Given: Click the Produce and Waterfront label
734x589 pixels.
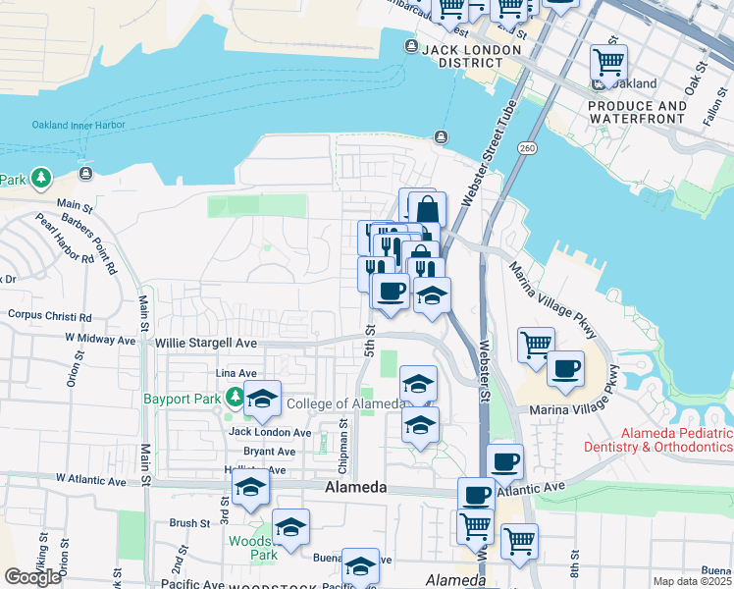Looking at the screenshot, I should [x=637, y=112].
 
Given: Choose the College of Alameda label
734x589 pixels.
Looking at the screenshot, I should [x=344, y=404].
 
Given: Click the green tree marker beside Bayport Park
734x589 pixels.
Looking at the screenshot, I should [x=235, y=398].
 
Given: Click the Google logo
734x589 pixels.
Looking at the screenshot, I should [x=32, y=577].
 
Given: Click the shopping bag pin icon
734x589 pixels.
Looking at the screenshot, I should [x=427, y=210].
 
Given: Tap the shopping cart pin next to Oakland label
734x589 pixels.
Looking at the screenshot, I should [x=608, y=63].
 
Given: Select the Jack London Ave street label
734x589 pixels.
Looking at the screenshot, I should [x=270, y=432].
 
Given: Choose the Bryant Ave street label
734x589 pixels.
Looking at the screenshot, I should [x=269, y=452].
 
